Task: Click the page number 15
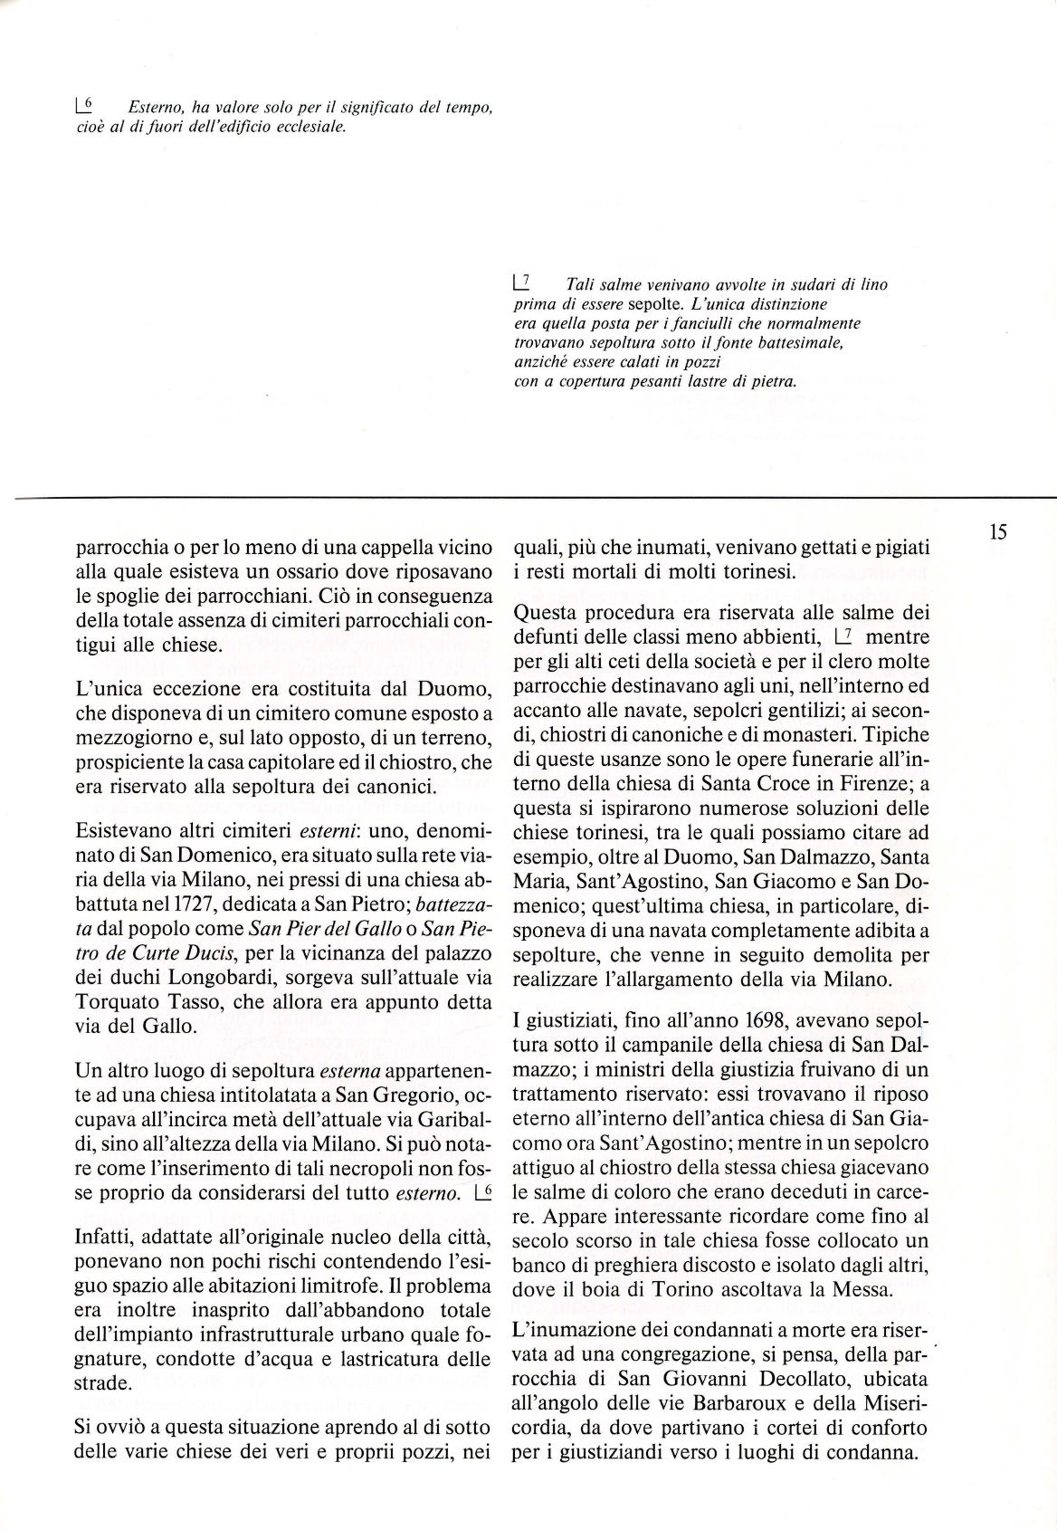[998, 532]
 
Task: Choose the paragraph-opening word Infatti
[102, 1237]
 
